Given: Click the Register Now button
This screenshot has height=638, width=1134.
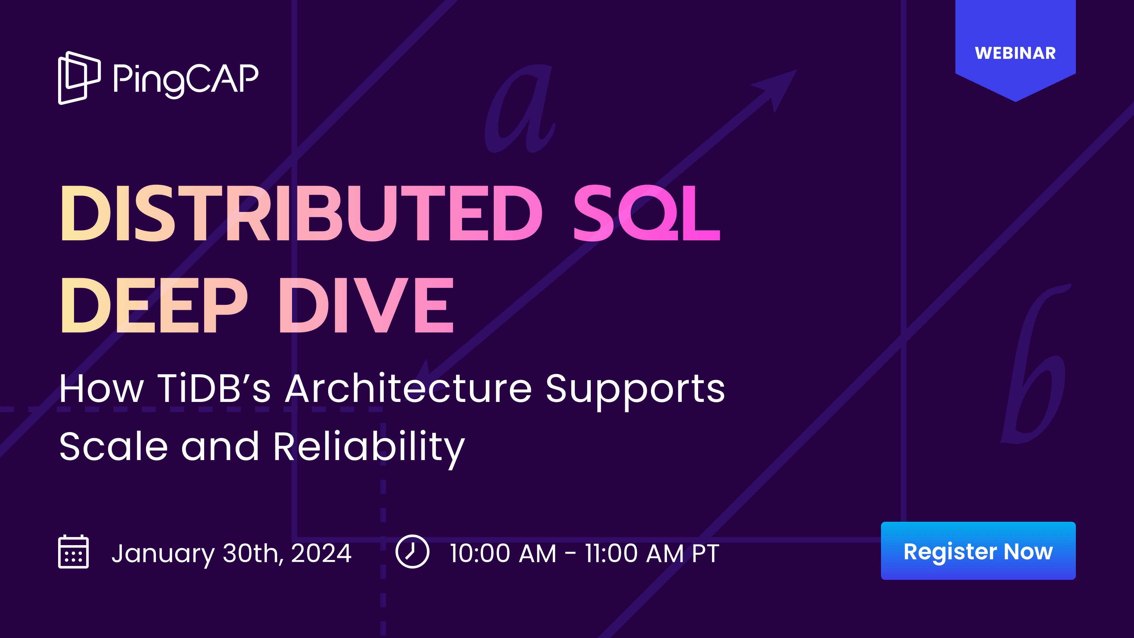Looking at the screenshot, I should point(978,551).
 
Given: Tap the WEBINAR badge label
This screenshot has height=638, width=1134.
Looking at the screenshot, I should point(1015,53).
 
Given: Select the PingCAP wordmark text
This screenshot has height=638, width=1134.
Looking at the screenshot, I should point(186,79).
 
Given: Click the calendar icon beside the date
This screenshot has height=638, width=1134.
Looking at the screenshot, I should point(73,552).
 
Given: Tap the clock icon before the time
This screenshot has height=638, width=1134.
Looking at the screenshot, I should point(412,551).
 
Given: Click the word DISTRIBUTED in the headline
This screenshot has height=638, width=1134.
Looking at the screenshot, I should point(301,213).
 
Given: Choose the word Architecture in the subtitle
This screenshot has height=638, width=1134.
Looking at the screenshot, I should point(408,388).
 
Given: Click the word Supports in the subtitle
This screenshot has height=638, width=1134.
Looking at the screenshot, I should point(635,389).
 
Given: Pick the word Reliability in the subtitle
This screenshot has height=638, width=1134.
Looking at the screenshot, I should point(369,447).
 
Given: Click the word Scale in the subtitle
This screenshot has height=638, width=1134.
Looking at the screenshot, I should point(113,447).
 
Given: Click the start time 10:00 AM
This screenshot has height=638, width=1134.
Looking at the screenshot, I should point(503,553).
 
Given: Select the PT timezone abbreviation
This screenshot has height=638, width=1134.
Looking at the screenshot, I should point(705,553).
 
